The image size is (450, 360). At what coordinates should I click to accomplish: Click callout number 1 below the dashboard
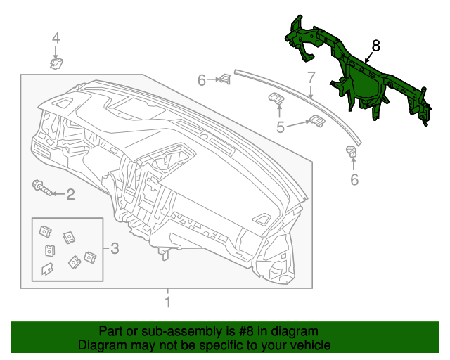click(167, 303)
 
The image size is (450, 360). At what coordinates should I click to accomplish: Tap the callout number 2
click(70, 194)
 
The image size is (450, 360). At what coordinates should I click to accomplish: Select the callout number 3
click(115, 247)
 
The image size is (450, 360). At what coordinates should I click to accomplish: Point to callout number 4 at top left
click(56, 38)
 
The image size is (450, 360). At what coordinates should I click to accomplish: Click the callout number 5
click(280, 127)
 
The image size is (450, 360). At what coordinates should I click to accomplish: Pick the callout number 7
click(311, 77)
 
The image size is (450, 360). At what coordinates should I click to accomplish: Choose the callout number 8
click(375, 46)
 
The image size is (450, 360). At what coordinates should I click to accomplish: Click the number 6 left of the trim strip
click(202, 81)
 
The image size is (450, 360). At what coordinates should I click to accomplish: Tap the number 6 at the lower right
click(354, 180)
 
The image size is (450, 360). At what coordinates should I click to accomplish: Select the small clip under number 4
click(56, 63)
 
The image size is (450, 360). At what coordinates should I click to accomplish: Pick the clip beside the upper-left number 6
click(225, 79)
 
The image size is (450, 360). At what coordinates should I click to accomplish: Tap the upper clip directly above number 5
click(276, 99)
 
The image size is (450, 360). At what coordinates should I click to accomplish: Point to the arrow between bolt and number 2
click(56, 193)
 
